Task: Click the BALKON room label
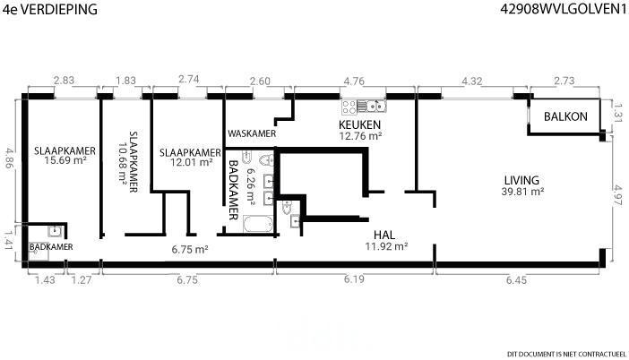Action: (565, 116)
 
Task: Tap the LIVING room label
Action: (521, 180)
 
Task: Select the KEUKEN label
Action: (359, 124)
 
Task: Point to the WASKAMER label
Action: (252, 133)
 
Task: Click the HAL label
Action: (384, 235)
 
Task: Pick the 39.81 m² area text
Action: (522, 192)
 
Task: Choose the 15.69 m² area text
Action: (65, 160)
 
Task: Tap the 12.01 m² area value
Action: (192, 162)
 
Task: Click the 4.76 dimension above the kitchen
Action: (354, 81)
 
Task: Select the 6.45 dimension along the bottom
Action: (516, 279)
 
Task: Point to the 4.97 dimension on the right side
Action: (618, 195)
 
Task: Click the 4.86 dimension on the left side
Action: (9, 159)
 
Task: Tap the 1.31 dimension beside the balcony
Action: (618, 114)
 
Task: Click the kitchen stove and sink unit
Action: (364, 107)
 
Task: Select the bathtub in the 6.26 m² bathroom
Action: (258, 224)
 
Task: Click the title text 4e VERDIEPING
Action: (50, 9)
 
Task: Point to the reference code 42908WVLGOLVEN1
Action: (564, 9)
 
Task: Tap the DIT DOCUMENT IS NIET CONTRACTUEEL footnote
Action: (566, 354)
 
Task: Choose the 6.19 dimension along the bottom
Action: (354, 279)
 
